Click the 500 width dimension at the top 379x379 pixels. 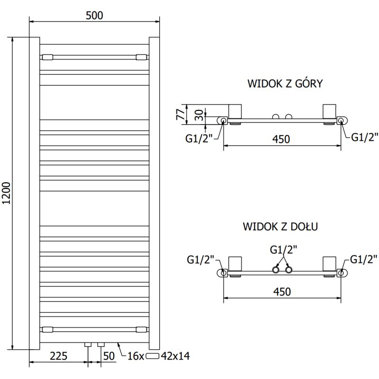tap(95, 15)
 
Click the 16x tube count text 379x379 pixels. tap(135, 356)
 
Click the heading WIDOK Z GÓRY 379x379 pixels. tap(285, 84)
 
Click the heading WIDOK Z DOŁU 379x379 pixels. tap(280, 226)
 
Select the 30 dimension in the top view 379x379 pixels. tap(199, 114)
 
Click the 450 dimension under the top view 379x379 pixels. tap(281, 139)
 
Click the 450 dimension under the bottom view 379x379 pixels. tap(281, 291)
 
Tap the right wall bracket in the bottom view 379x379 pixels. tap(329, 265)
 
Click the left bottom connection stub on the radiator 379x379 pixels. tap(87, 344)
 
